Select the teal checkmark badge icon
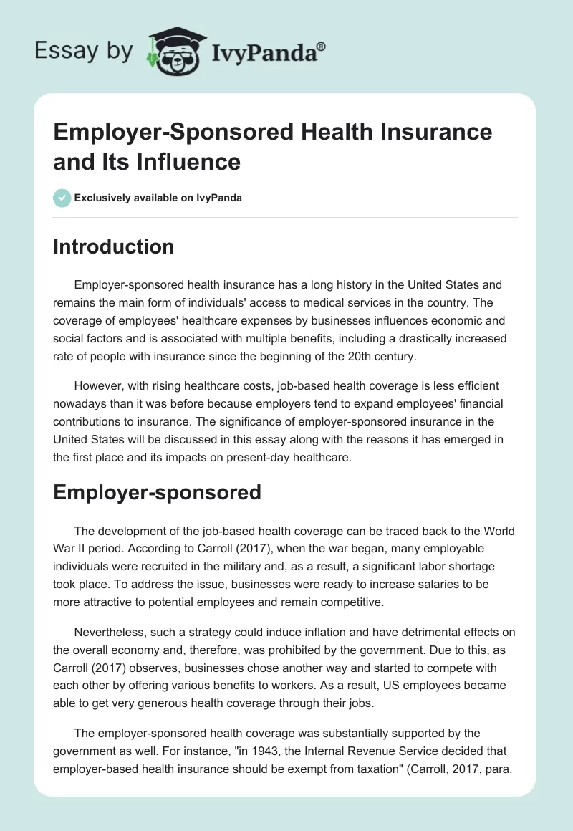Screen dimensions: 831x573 click(x=62, y=198)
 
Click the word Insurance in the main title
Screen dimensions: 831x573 click(x=426, y=133)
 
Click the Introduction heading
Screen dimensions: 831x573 click(x=114, y=247)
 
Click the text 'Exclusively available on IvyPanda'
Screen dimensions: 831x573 click(x=158, y=198)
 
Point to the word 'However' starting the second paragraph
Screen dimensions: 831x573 click(x=96, y=385)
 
